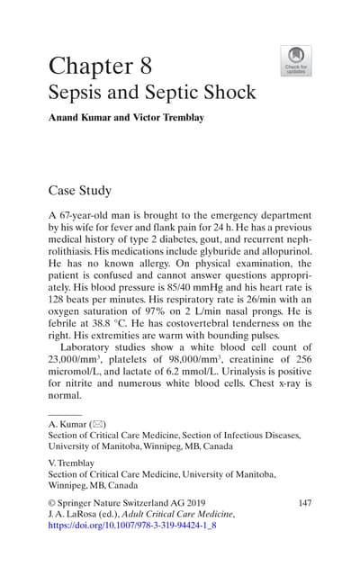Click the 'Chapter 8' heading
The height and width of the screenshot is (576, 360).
pyautogui.click(x=100, y=65)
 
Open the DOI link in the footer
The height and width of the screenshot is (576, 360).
pyautogui.click(x=131, y=525)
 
